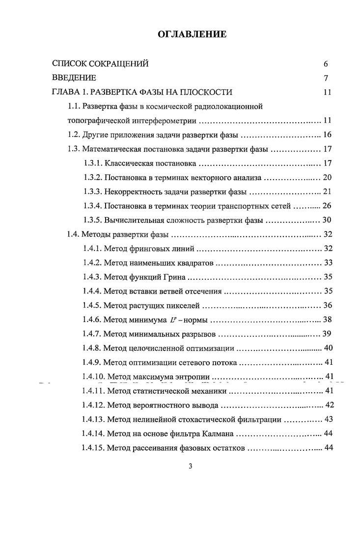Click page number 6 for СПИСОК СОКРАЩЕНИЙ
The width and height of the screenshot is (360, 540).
click(x=325, y=64)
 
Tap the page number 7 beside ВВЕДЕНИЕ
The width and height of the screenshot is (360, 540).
click(x=325, y=78)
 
